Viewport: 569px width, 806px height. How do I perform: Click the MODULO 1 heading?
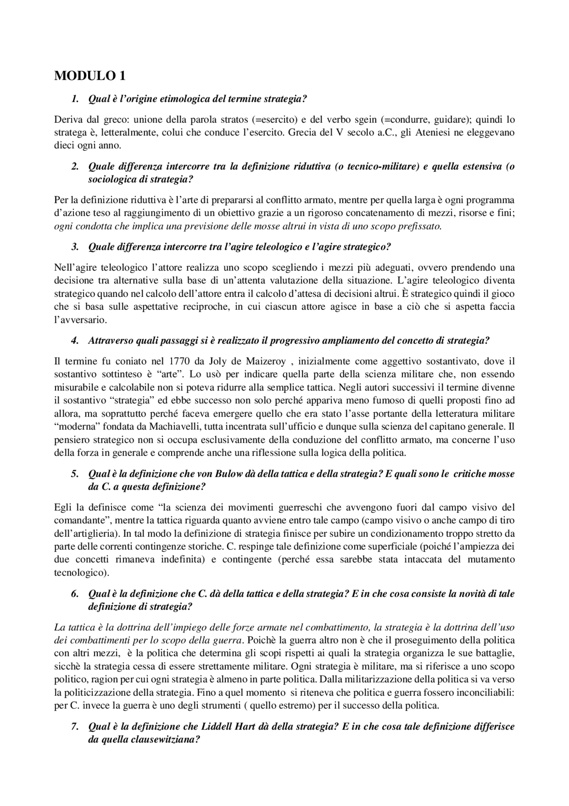click(89, 76)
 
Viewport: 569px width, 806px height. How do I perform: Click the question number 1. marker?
click(75, 99)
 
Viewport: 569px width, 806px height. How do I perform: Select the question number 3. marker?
click(75, 247)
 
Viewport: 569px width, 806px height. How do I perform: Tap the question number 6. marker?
click(75, 594)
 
